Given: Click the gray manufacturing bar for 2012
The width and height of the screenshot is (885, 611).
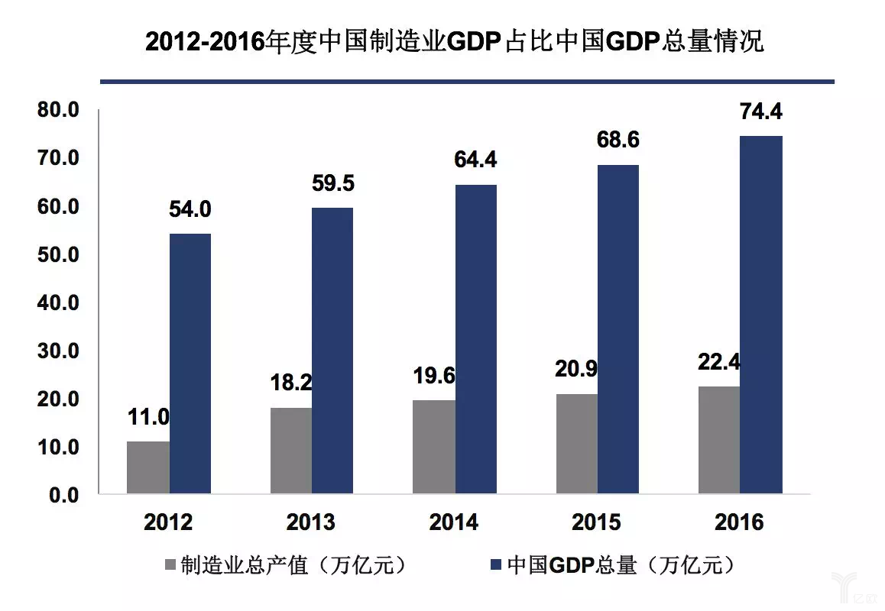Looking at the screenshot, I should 148,467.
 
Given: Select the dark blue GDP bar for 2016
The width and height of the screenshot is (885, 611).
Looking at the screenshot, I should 760,315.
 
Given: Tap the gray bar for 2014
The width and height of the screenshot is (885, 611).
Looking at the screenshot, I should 434,447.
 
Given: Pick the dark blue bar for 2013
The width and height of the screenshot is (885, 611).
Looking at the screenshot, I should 332,351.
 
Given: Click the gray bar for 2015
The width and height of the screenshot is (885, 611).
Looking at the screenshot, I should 577,444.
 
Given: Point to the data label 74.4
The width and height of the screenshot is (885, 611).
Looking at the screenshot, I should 760,112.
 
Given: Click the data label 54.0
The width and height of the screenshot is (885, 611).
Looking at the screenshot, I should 190,209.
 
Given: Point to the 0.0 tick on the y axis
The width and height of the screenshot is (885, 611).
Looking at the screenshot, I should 64,495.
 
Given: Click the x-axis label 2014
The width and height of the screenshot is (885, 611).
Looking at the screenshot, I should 454,522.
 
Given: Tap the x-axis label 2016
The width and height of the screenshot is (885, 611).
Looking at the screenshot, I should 739,522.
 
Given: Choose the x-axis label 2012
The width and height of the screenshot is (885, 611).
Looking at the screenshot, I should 168,522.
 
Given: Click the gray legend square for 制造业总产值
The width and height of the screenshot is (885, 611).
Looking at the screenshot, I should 169,566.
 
